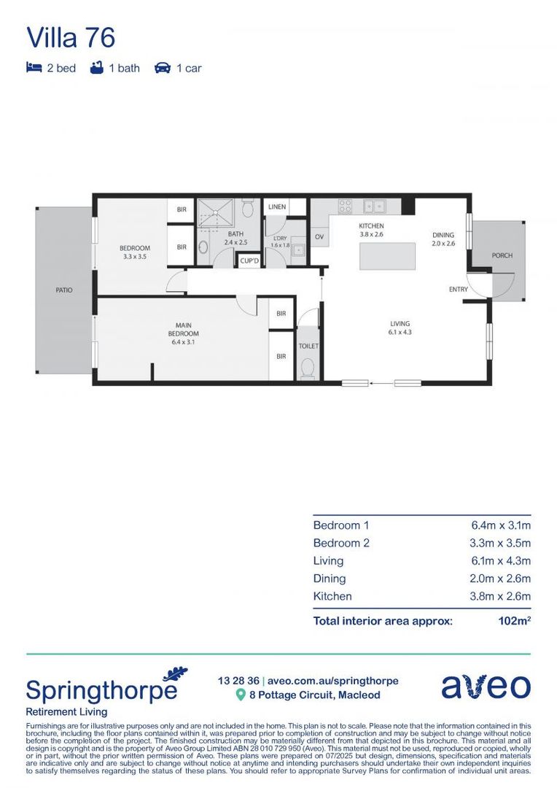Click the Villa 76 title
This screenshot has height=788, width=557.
(71, 37)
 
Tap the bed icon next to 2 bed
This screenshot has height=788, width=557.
(34, 68)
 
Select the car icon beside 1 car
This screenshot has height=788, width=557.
(162, 68)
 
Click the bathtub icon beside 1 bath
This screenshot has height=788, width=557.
(97, 68)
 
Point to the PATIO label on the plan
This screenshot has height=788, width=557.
(64, 290)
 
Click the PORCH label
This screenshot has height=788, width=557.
(502, 255)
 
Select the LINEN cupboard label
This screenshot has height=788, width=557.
(277, 207)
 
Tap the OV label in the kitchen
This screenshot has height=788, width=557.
(319, 237)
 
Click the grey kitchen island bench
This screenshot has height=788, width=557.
(387, 256)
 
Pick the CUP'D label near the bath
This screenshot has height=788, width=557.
(249, 260)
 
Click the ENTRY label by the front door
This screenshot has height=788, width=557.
(459, 290)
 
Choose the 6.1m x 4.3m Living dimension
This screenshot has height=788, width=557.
(501, 561)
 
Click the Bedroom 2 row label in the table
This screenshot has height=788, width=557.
(341, 543)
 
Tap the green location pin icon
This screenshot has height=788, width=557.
(241, 695)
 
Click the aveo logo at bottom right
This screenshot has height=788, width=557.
(486, 687)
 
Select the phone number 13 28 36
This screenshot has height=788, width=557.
(238, 681)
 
